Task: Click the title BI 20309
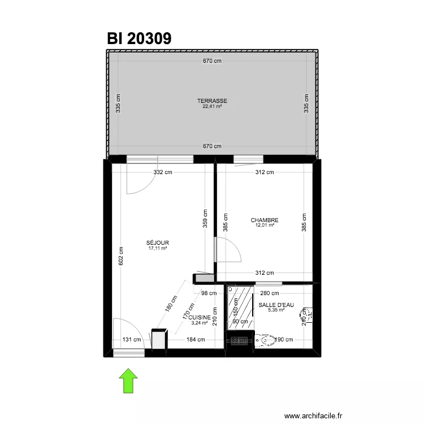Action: tap(139, 38)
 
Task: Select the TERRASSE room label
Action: tap(212, 101)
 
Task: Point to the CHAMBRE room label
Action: tap(265, 220)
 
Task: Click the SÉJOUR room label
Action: tap(158, 243)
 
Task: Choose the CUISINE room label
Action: tap(200, 318)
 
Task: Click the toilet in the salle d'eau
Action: tap(263, 340)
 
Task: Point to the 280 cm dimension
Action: tap(270, 293)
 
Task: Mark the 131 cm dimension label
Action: tap(132, 340)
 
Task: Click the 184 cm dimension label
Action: tap(196, 340)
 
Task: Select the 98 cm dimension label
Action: tap(209, 293)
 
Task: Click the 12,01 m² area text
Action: tap(265, 226)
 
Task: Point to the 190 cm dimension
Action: tap(285, 340)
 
